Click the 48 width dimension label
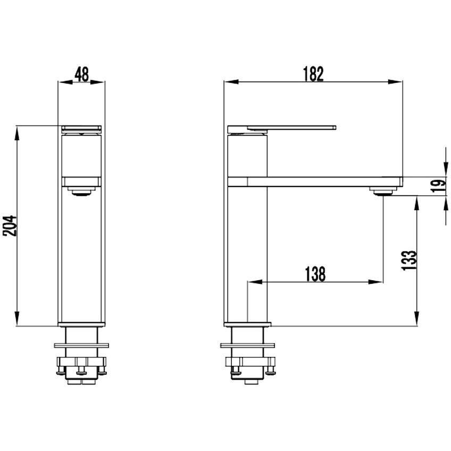coord(82,74)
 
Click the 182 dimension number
coord(313,74)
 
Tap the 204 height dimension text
coord(10,226)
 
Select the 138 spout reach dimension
coord(315,274)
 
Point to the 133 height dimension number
coord(408,260)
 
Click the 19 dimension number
coord(439,186)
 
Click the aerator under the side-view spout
coord(383,191)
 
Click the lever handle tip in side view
coord(334,128)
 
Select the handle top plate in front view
coord(82,128)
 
